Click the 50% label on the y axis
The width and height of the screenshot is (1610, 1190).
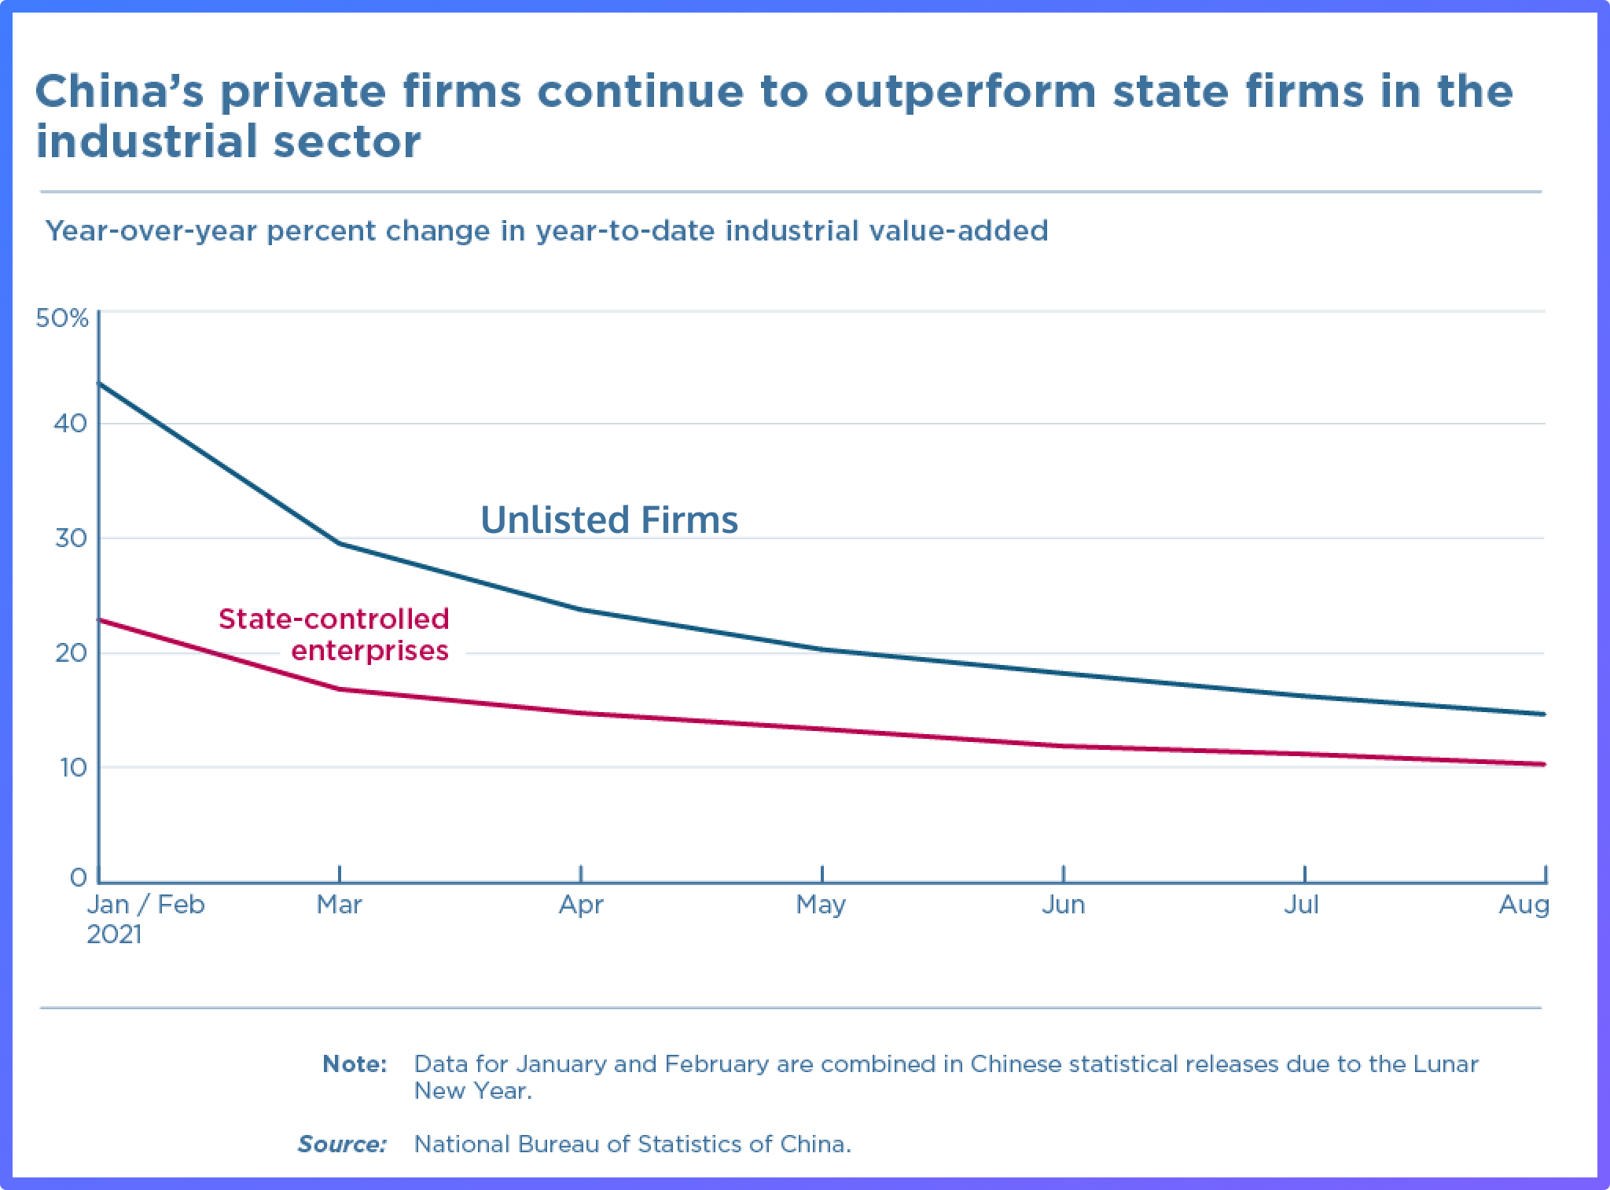point(62,318)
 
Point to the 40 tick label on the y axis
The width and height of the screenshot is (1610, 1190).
point(71,424)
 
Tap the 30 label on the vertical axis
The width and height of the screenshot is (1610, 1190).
point(71,538)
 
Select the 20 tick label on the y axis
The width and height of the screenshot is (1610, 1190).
point(71,653)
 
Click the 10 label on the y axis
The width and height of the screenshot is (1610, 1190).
point(72,768)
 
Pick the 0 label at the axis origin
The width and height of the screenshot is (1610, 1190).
point(78,878)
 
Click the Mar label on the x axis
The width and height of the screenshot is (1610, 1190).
point(339,905)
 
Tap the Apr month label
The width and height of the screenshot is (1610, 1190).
point(581,905)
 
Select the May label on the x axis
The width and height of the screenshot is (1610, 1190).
point(821,905)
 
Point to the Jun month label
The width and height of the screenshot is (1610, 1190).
point(1063,905)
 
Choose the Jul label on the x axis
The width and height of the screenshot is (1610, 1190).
point(1301,905)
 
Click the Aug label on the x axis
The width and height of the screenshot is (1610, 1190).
point(1524,905)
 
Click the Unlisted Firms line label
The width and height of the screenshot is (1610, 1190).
point(609,520)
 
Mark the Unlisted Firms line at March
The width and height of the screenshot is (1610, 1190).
point(339,543)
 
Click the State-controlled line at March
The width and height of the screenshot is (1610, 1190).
point(339,689)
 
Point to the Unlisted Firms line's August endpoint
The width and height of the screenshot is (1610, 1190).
point(1544,714)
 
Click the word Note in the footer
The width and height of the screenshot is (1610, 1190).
point(355,1064)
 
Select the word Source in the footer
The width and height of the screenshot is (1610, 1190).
point(342,1144)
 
